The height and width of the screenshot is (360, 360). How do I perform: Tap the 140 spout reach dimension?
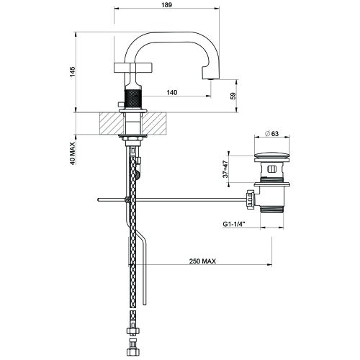click(x=172, y=92)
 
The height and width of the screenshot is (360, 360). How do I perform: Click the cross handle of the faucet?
click(x=132, y=69)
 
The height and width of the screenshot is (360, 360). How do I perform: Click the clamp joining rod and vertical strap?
click(x=127, y=199)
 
